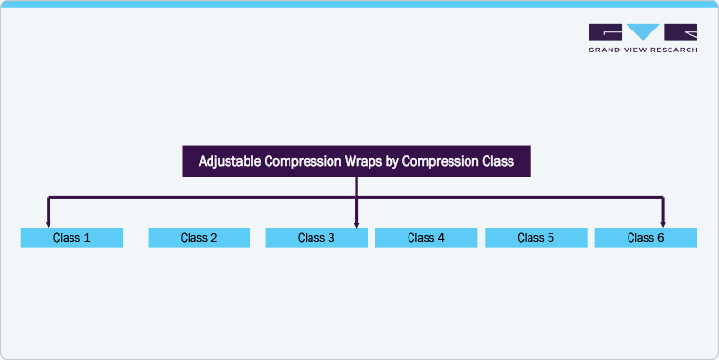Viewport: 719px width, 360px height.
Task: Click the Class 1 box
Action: tap(71, 238)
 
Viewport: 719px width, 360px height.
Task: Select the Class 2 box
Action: tap(199, 238)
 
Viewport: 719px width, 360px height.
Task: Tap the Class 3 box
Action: tap(316, 238)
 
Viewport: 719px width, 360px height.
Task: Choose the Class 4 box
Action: tap(426, 238)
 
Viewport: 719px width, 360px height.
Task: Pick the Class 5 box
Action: tap(536, 238)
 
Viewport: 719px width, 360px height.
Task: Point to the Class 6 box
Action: tap(646, 238)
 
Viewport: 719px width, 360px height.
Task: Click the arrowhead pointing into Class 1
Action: tap(49, 225)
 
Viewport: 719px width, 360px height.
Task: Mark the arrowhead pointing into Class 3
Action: tap(356, 225)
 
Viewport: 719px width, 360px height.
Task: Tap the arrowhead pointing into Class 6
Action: tap(663, 225)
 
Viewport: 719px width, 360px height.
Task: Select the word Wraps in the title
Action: tap(367, 162)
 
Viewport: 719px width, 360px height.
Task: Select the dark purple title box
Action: tap(356, 162)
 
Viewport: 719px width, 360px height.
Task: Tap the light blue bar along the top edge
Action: tap(359, 4)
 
